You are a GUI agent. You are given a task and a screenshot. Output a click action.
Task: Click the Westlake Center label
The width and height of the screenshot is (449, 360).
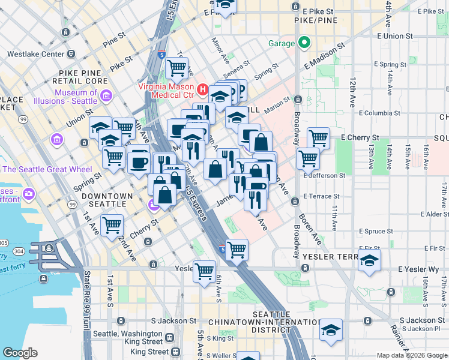pos(35,54)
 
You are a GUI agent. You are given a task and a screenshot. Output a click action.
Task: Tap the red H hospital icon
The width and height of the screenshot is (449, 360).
pos(202,90)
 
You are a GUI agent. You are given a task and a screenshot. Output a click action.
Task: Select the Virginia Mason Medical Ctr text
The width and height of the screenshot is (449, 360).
pos(166,90)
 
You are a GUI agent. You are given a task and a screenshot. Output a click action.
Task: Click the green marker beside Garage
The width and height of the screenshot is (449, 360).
pos(304,43)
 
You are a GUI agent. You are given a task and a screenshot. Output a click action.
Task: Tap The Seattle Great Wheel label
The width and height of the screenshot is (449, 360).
pos(47,169)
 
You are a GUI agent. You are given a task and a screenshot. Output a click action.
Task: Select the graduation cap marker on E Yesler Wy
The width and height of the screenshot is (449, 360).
pos(370,260)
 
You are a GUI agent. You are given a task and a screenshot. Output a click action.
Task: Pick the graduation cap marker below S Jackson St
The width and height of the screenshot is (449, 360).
pos(330,330)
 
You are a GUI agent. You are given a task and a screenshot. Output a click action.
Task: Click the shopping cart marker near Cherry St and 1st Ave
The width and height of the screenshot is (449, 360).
pos(112,226)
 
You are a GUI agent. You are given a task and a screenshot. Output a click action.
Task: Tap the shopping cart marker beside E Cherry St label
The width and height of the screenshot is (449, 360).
pos(318,138)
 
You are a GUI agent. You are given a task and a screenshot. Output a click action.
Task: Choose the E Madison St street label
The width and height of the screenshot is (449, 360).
pos(325,55)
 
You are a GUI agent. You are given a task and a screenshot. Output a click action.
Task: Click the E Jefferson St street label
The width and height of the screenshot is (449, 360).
pos(324,176)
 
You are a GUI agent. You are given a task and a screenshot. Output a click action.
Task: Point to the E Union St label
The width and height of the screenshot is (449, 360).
pos(395,37)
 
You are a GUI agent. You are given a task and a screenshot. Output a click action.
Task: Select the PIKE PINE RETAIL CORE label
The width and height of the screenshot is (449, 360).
pos(83,77)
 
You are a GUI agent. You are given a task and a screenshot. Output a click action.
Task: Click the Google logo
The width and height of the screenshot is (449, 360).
pos(20,353)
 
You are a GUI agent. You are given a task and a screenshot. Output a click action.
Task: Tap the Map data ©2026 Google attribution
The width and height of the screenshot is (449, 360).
pos(411,355)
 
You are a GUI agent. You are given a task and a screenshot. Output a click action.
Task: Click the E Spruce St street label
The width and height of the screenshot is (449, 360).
pos(378,231)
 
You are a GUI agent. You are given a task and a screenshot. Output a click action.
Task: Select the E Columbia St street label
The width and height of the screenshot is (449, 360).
pos(382,112)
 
